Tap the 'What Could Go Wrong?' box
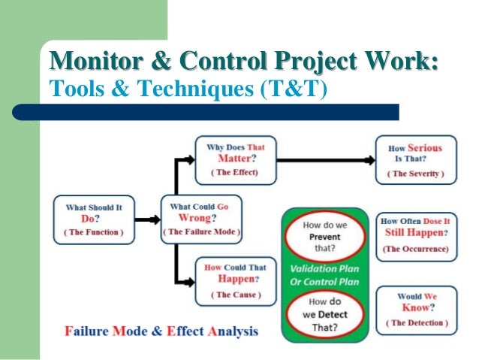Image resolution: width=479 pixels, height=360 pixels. point(201,219)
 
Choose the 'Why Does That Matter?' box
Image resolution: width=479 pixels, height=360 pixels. point(235,159)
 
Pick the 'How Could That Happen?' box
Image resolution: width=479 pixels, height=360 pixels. point(235,280)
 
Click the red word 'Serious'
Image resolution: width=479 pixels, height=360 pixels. point(425,148)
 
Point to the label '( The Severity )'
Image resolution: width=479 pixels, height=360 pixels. point(415,174)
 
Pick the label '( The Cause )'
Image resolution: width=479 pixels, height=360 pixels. point(235,295)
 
